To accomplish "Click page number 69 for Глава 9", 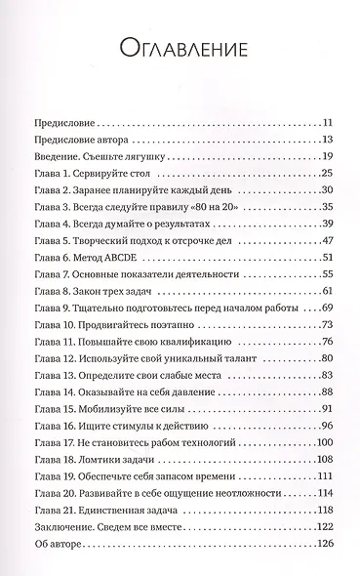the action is coord(329,279).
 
